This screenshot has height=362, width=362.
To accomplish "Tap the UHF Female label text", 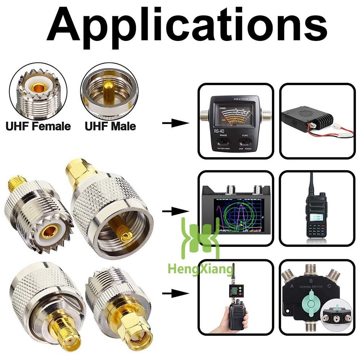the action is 38,126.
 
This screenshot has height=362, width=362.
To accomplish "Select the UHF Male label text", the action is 110,126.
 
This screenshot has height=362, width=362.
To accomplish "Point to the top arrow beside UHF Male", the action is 175,123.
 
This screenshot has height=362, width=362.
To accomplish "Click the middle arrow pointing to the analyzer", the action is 175,211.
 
